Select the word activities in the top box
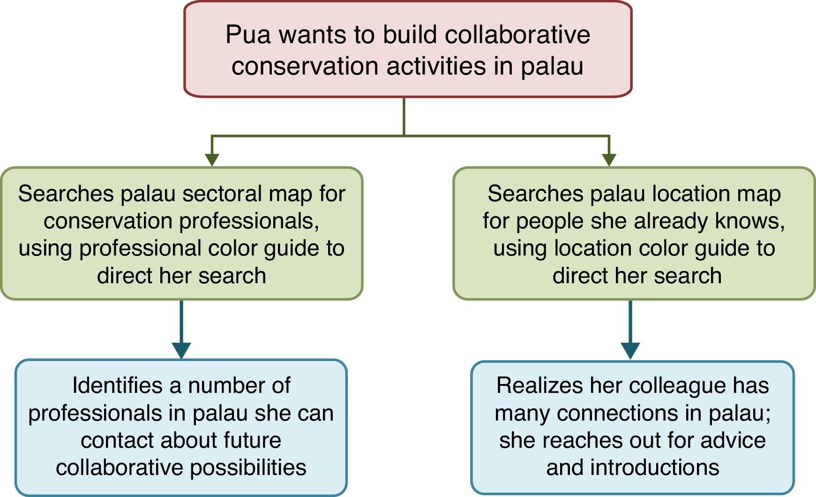tap(437, 66)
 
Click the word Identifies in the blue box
tap(117, 385)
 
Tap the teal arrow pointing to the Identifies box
tap(181, 350)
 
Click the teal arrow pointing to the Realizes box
tap(630, 350)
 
